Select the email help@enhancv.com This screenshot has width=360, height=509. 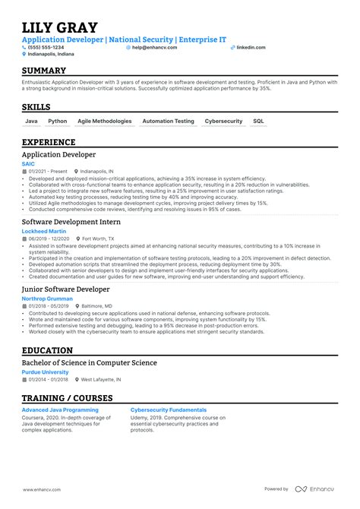154,47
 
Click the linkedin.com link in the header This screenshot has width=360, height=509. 251,47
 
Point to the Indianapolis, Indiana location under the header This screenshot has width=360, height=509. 52,54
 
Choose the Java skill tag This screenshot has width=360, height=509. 31,121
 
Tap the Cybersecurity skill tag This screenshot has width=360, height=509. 223,121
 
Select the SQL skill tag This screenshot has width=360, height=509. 258,121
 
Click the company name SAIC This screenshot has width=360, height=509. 29,163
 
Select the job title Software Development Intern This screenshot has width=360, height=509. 71,221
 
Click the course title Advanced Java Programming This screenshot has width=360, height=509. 59,409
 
